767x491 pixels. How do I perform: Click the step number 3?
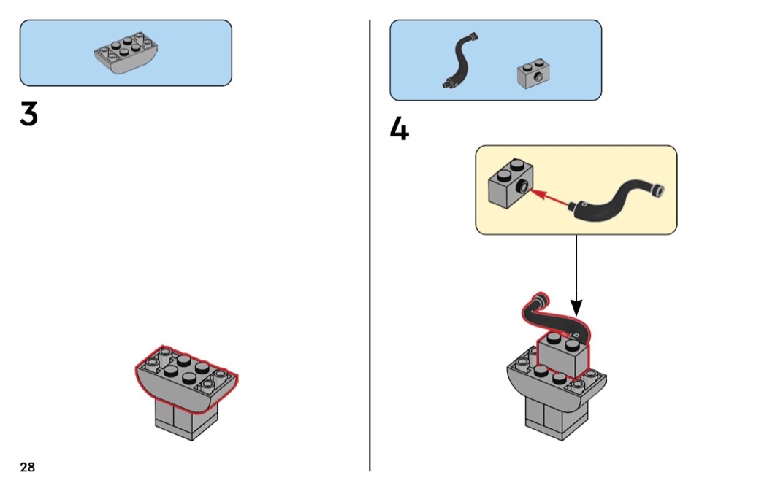tap(28, 115)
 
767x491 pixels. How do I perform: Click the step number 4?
tap(399, 129)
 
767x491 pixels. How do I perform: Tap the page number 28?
tap(28, 467)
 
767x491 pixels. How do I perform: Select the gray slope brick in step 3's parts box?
tap(127, 54)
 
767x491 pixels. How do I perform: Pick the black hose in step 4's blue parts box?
tap(459, 62)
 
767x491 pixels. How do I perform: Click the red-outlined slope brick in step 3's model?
tap(187, 376)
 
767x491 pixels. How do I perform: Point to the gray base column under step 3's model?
tap(187, 422)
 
